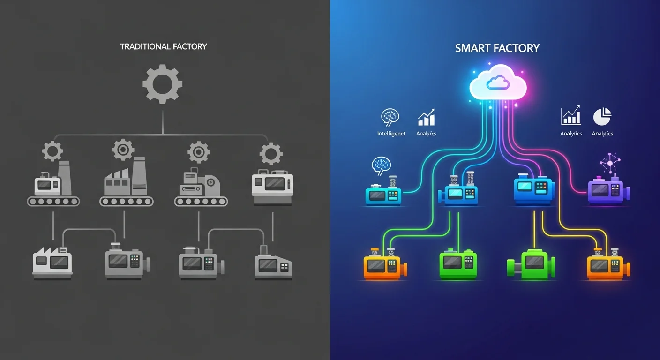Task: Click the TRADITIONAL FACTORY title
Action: click(x=163, y=46)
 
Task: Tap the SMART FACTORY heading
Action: click(x=497, y=48)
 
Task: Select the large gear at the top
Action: click(x=162, y=84)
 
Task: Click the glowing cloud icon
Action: click(x=498, y=83)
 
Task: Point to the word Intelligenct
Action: click(x=391, y=134)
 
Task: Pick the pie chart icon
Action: click(x=602, y=117)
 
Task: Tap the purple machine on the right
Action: click(x=608, y=190)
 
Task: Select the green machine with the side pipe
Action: click(x=531, y=265)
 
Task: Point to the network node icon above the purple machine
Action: click(x=610, y=163)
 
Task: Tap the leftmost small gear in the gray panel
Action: click(x=52, y=151)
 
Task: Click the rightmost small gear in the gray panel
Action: click(x=271, y=153)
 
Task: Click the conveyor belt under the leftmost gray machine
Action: click(x=53, y=201)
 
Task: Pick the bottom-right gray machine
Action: click(x=273, y=265)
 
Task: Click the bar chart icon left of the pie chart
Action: click(x=570, y=116)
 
